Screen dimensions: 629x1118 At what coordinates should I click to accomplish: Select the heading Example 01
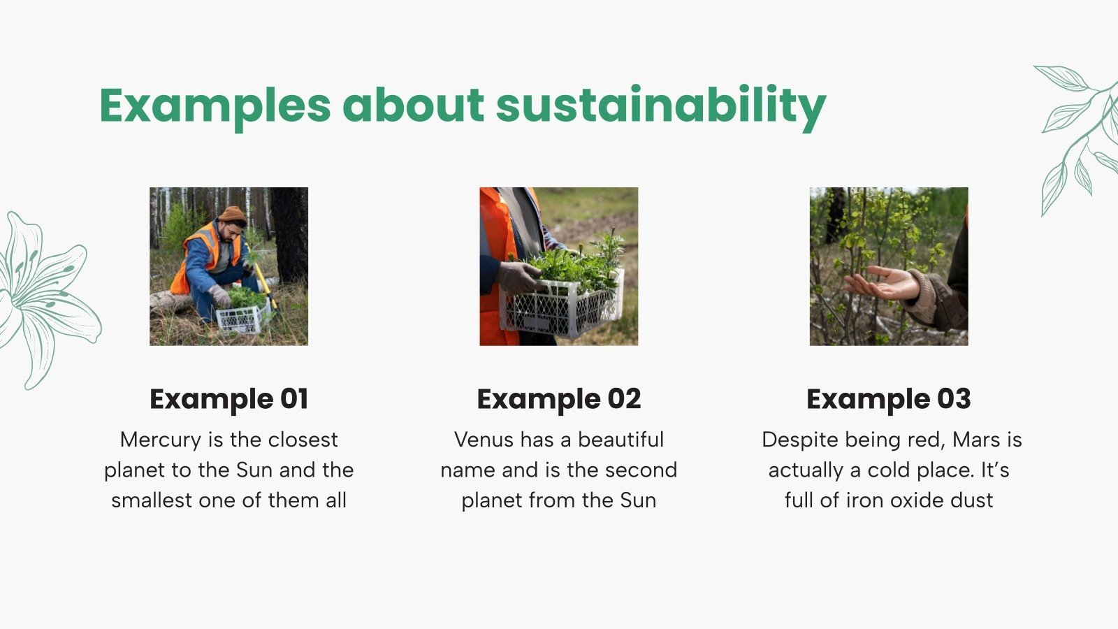228,399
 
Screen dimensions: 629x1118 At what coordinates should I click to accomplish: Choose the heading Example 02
558,399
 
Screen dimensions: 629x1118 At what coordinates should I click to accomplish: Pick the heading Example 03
888,399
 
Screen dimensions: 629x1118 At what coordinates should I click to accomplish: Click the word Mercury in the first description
160,440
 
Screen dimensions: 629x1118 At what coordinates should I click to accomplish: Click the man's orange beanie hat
232,214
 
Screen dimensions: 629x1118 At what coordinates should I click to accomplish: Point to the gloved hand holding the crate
517,277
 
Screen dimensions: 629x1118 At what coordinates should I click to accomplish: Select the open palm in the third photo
882,283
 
